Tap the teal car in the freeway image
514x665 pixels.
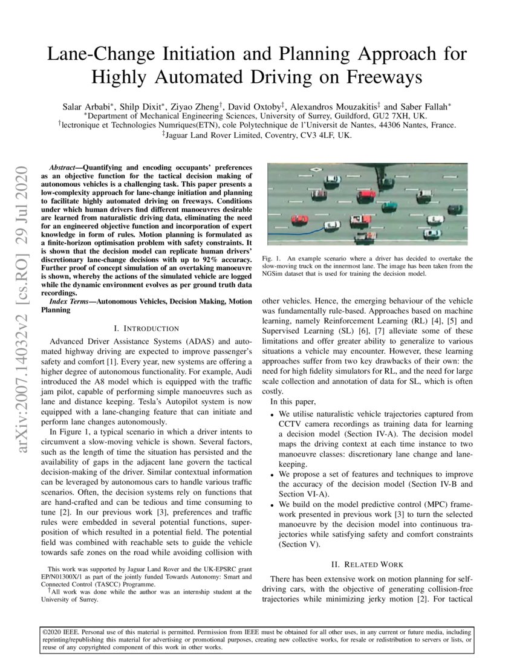click(x=389, y=207)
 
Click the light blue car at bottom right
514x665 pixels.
click(x=432, y=233)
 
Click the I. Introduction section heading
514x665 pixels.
click(x=146, y=328)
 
